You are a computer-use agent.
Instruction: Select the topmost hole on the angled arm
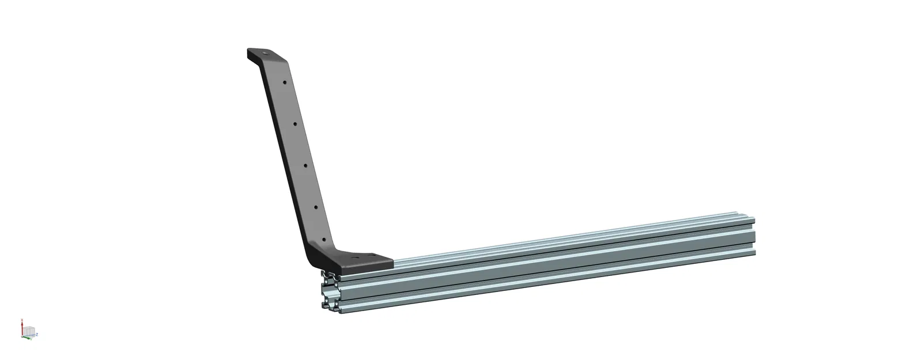coord(284,82)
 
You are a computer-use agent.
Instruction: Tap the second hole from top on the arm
coord(294,123)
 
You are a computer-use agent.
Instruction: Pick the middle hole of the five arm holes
coord(305,164)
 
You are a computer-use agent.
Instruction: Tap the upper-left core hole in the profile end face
coord(326,281)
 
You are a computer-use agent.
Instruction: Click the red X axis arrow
coord(22,328)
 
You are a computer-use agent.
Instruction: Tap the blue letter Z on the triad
coord(37,334)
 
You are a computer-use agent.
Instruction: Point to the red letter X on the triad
coord(22,320)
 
